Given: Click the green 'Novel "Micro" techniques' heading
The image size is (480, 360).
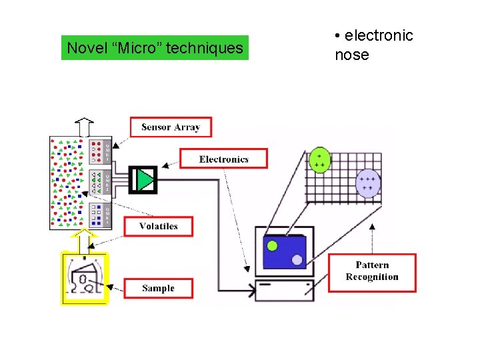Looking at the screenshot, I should [155, 48].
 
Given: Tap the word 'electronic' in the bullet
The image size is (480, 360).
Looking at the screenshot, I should [378, 35].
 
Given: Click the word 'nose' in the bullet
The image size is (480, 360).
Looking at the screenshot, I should [351, 55].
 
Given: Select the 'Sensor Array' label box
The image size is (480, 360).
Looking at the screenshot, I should [171, 127].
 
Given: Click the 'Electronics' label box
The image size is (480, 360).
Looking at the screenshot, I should [223, 159].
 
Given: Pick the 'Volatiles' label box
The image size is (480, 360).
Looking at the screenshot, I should [159, 226].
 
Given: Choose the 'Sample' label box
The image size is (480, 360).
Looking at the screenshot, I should [158, 288].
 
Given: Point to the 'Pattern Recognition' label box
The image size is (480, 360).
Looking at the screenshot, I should [372, 272].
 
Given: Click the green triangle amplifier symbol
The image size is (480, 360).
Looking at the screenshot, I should [145, 179].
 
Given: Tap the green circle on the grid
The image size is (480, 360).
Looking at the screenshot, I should [319, 161].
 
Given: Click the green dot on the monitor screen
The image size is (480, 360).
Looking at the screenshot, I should [272, 245].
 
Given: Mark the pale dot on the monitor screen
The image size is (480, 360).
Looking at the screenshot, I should [297, 259].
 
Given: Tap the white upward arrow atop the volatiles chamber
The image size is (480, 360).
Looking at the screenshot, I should [85, 127].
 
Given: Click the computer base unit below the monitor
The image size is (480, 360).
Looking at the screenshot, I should [285, 289].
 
